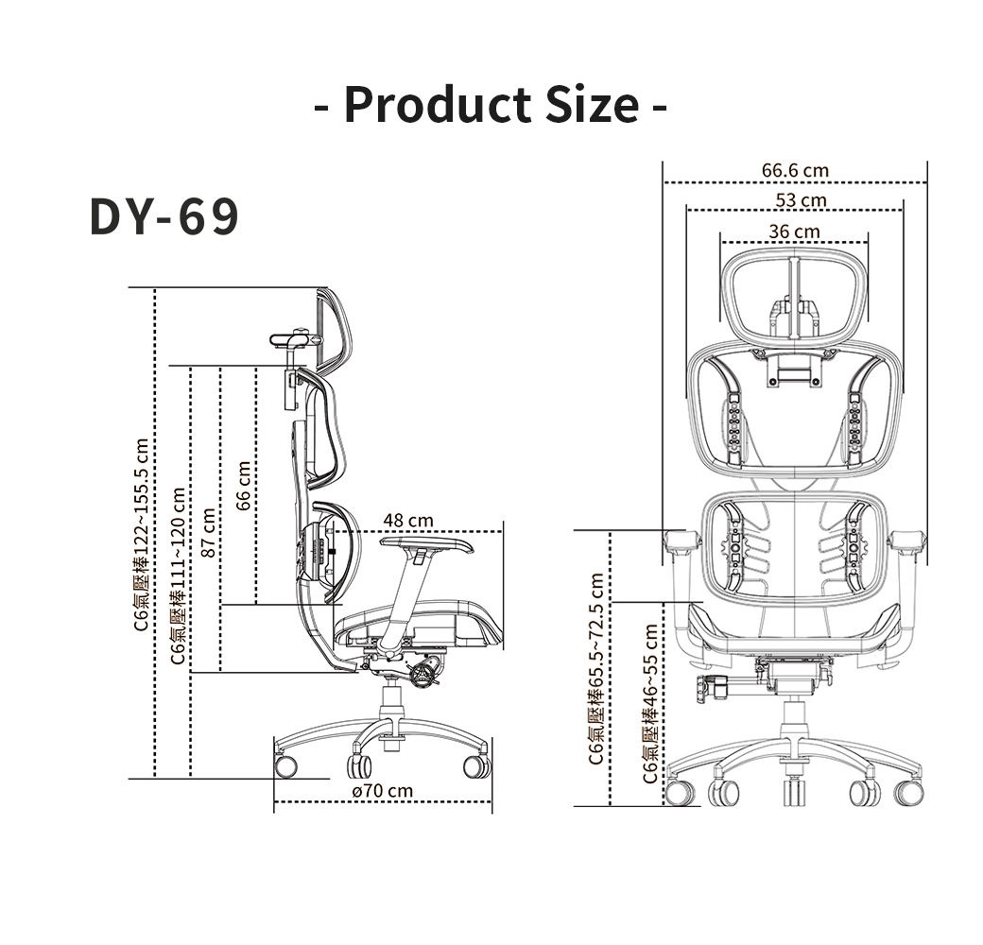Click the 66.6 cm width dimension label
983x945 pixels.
tap(795, 170)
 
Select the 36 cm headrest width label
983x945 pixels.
tap(794, 232)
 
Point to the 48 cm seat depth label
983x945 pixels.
tap(408, 520)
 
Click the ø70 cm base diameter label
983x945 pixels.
tap(383, 791)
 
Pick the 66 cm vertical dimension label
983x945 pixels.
tap(244, 485)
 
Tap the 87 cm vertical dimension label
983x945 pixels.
tap(208, 532)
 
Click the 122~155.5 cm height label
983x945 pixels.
tap(142, 535)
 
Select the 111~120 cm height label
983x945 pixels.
tap(178, 576)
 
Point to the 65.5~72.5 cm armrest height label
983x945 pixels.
tap(595, 669)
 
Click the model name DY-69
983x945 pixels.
tap(164, 216)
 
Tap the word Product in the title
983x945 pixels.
tap(437, 104)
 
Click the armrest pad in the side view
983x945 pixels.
tap(427, 544)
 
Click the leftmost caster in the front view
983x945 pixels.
tap(681, 793)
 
